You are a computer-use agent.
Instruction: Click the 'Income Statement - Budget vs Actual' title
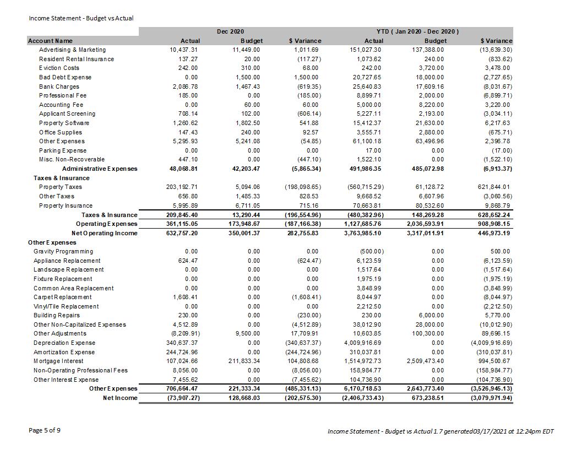(81, 18)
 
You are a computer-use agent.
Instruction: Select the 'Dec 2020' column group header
(230, 32)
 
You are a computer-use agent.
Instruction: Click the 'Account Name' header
(50, 41)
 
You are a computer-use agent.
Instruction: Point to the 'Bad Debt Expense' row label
(65, 77)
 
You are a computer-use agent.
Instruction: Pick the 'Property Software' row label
(64, 123)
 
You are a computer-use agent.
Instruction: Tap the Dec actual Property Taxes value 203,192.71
(181, 187)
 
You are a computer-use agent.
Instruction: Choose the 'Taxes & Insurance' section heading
(61, 178)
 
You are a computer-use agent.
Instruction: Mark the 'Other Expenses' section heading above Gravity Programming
(52, 242)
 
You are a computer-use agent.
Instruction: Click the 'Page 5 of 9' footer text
(45, 430)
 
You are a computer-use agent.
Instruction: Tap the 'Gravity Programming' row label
(63, 251)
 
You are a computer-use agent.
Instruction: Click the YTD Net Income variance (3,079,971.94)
(492, 398)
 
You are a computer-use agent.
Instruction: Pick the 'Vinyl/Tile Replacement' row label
(66, 306)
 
